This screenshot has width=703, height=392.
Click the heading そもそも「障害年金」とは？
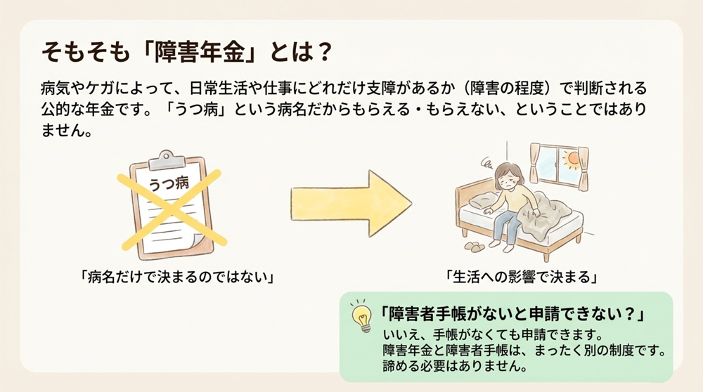pos(186,53)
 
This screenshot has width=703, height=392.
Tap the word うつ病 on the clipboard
pos(169,183)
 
